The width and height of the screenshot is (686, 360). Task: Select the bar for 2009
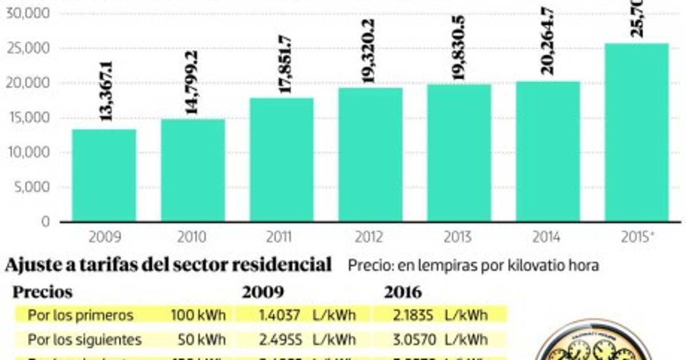pos(104,175)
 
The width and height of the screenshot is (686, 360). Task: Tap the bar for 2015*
pos(637,133)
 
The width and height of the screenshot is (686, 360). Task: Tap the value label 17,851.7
pos(284,64)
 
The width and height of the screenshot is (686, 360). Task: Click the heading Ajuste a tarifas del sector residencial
pos(168,265)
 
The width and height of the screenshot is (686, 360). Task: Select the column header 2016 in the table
pos(402,293)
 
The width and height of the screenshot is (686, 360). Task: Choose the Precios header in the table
pos(43,293)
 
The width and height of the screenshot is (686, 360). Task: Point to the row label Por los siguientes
pos(85,339)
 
